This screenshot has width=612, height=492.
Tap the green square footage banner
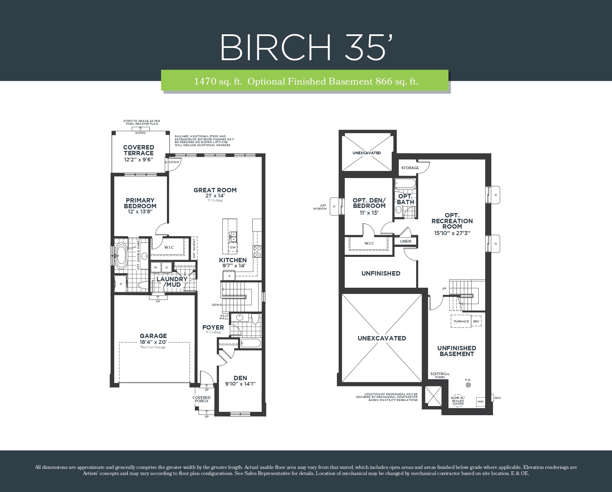(305, 81)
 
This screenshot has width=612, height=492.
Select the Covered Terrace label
(139, 150)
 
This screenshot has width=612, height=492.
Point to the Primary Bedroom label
(140, 203)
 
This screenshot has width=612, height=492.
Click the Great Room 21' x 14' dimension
(215, 196)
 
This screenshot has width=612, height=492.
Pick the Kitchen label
(233, 260)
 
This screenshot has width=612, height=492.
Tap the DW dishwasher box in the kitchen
(233, 247)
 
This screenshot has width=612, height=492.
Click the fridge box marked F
(230, 276)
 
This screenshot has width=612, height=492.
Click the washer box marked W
(156, 267)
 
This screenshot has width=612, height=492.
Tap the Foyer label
(213, 328)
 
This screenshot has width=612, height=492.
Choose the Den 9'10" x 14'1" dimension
(240, 384)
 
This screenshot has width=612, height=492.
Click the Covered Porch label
(202, 399)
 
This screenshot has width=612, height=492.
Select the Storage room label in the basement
(410, 168)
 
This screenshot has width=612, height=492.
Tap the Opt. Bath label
(406, 199)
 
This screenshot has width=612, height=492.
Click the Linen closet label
(406, 241)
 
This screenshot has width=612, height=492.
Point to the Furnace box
(461, 321)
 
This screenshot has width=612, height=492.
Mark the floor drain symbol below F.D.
(468, 385)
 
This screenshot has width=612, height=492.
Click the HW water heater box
(480, 402)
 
